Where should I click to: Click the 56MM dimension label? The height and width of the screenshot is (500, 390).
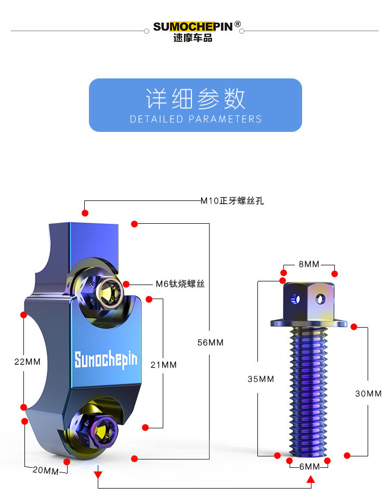[x=210, y=343]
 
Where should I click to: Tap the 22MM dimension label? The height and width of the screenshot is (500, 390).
[x=27, y=361]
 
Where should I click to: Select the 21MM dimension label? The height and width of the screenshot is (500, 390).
[x=163, y=365]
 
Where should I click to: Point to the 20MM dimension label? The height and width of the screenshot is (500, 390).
[x=45, y=471]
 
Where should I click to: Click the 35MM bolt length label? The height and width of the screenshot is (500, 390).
[x=261, y=379]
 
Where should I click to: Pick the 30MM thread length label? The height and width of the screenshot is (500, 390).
[x=368, y=394]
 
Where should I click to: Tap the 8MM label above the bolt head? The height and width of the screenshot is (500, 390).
[x=309, y=264]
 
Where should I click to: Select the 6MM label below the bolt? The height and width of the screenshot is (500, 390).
[x=309, y=467]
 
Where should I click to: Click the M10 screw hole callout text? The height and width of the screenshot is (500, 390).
[x=232, y=200]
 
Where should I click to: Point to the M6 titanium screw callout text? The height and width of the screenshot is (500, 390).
[x=180, y=284]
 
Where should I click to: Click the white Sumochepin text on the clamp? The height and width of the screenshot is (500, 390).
[x=106, y=359]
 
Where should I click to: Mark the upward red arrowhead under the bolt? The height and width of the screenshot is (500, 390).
[x=310, y=480]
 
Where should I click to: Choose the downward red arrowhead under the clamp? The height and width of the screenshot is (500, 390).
[x=98, y=474]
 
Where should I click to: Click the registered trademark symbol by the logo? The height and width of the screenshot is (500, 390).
[x=238, y=24]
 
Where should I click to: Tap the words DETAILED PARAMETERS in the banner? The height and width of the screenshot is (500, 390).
[x=196, y=119]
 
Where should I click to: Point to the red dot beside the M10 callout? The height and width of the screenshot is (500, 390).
[x=85, y=213]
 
